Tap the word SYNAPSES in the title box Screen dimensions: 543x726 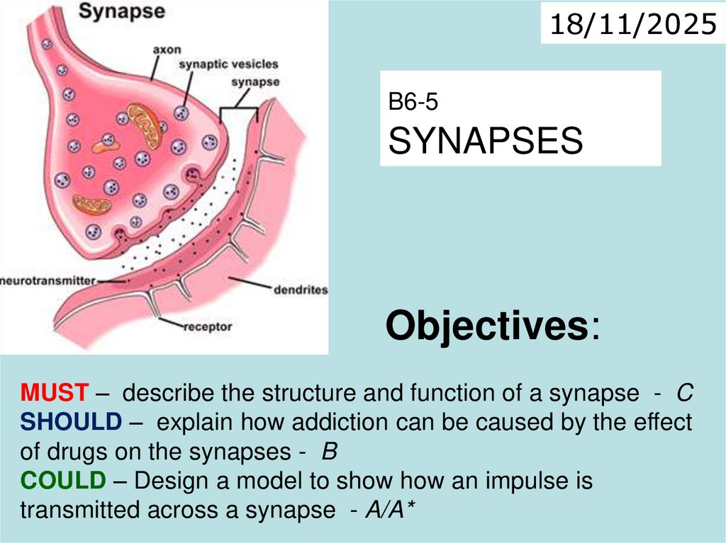coord(486,142)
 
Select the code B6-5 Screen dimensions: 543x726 coord(413,103)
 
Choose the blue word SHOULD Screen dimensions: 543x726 coord(71,422)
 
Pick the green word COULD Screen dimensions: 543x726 coord(62,481)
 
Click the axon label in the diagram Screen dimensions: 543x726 coord(167,50)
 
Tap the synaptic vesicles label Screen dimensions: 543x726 coord(228,65)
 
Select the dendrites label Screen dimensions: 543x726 coord(300,290)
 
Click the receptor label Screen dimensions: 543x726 coord(208,327)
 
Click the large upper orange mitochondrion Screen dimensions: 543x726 coord(145,125)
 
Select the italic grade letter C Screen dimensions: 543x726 coord(684,391)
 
